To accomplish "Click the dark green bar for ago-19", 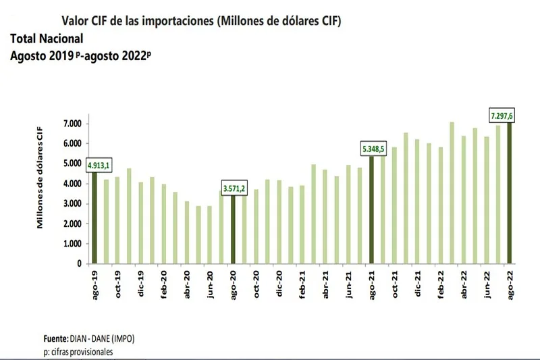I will pyautogui.click(x=95, y=216).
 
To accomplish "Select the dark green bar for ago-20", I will pyautogui.click(x=234, y=230).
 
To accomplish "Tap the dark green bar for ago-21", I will pyautogui.click(x=372, y=210).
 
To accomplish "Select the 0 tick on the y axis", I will pyautogui.click(x=78, y=264).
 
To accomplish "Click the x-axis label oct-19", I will pyautogui.click(x=117, y=283).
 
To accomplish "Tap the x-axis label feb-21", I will pyautogui.click(x=302, y=283).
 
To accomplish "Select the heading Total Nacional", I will pyautogui.click(x=47, y=39).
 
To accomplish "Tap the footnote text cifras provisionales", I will pyautogui.click(x=80, y=352).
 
